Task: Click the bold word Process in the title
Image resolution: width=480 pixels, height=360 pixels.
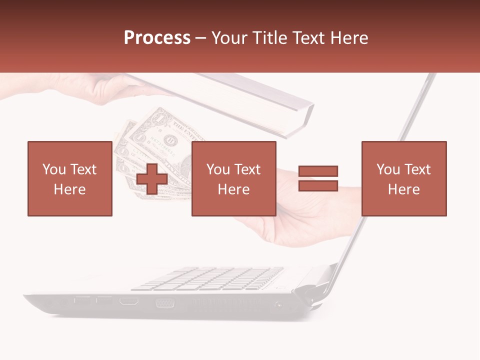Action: (157, 38)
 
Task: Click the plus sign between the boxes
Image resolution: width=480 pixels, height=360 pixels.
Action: (152, 179)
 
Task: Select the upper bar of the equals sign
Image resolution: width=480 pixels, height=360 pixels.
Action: (318, 171)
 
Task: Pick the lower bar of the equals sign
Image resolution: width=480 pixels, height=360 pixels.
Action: (318, 186)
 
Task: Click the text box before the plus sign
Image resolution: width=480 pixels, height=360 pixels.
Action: (69, 178)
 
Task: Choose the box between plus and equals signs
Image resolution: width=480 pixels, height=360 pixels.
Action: (233, 178)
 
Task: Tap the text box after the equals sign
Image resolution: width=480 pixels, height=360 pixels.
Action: (403, 178)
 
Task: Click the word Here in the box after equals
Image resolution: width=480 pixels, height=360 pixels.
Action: (403, 189)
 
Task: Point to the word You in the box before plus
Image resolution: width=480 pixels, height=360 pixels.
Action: (53, 169)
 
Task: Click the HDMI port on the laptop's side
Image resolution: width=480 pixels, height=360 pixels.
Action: (129, 301)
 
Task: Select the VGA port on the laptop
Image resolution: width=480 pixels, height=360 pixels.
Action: (164, 302)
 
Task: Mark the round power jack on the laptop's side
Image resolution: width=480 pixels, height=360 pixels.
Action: (278, 304)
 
